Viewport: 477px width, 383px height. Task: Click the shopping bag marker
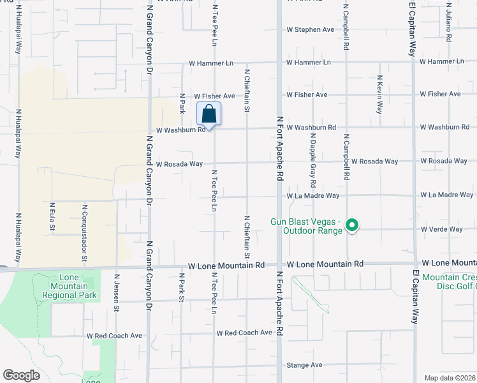[x=209, y=115]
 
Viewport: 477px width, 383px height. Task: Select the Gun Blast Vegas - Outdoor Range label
[x=307, y=225]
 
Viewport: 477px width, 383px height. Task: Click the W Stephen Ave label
[x=311, y=29]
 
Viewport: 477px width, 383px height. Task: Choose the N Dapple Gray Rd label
[x=313, y=156]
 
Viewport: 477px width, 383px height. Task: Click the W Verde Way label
[x=441, y=229]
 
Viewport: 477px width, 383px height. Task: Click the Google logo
[x=21, y=375]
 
